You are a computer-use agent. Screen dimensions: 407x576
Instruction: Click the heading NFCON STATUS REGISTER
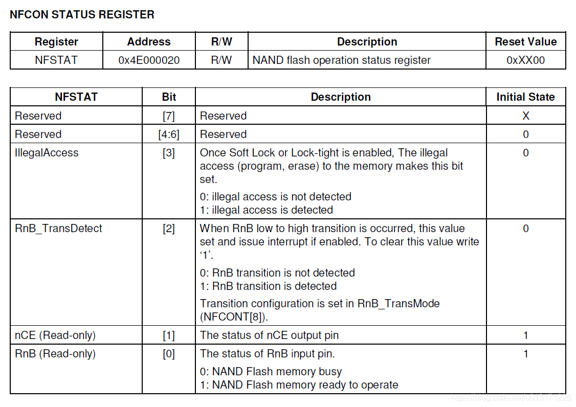point(82,15)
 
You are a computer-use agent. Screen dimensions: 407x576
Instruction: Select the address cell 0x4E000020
point(149,60)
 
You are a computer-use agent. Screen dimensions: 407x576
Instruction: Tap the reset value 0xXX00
point(525,60)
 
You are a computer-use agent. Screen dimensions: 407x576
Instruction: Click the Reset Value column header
point(525,42)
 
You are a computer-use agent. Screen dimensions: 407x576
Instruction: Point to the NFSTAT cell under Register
point(56,60)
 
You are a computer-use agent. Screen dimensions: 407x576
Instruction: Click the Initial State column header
point(525,97)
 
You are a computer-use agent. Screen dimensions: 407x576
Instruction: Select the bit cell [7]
point(169,116)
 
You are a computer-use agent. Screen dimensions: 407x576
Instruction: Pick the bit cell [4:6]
point(169,134)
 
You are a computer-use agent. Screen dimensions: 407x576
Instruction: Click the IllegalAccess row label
point(47,153)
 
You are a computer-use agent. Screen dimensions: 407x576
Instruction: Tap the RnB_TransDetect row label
point(58,229)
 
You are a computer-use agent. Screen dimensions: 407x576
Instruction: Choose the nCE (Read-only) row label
point(55,335)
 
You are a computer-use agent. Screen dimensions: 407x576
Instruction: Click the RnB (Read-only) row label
point(55,354)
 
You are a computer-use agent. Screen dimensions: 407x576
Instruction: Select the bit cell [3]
point(169,153)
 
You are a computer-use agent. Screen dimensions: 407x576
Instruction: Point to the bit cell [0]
point(169,354)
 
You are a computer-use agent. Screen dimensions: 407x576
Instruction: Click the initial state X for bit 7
point(525,116)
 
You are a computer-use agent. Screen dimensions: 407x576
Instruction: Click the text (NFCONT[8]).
point(234,317)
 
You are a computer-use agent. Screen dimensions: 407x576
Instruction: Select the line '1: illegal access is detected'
point(267,210)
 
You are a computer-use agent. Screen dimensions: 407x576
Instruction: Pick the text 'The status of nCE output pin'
point(269,335)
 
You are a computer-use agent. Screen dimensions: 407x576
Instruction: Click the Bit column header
point(169,97)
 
